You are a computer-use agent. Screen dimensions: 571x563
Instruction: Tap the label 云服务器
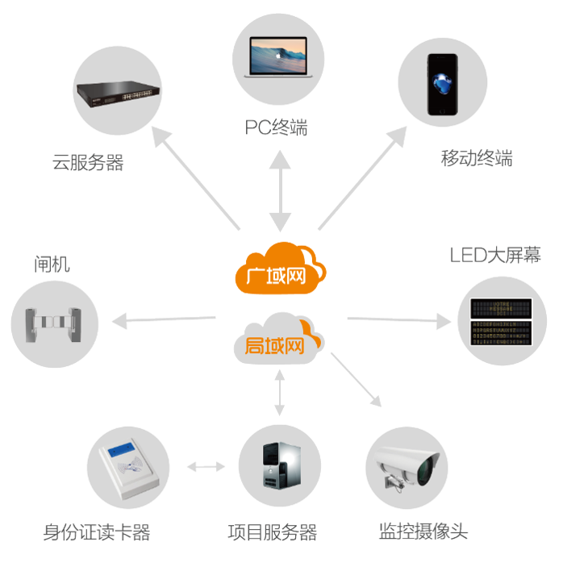click(x=88, y=162)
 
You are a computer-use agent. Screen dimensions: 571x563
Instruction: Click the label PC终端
click(x=276, y=127)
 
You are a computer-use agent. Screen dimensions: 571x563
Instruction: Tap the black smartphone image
click(x=442, y=84)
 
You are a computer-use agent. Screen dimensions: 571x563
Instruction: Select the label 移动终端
click(x=477, y=158)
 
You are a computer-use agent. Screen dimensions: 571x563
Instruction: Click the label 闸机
click(x=52, y=264)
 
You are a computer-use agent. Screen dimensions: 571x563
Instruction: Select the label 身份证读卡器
click(x=96, y=532)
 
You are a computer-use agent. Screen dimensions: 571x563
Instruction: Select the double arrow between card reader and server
click(x=206, y=466)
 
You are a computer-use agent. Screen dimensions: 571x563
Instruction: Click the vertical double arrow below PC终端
click(x=280, y=190)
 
